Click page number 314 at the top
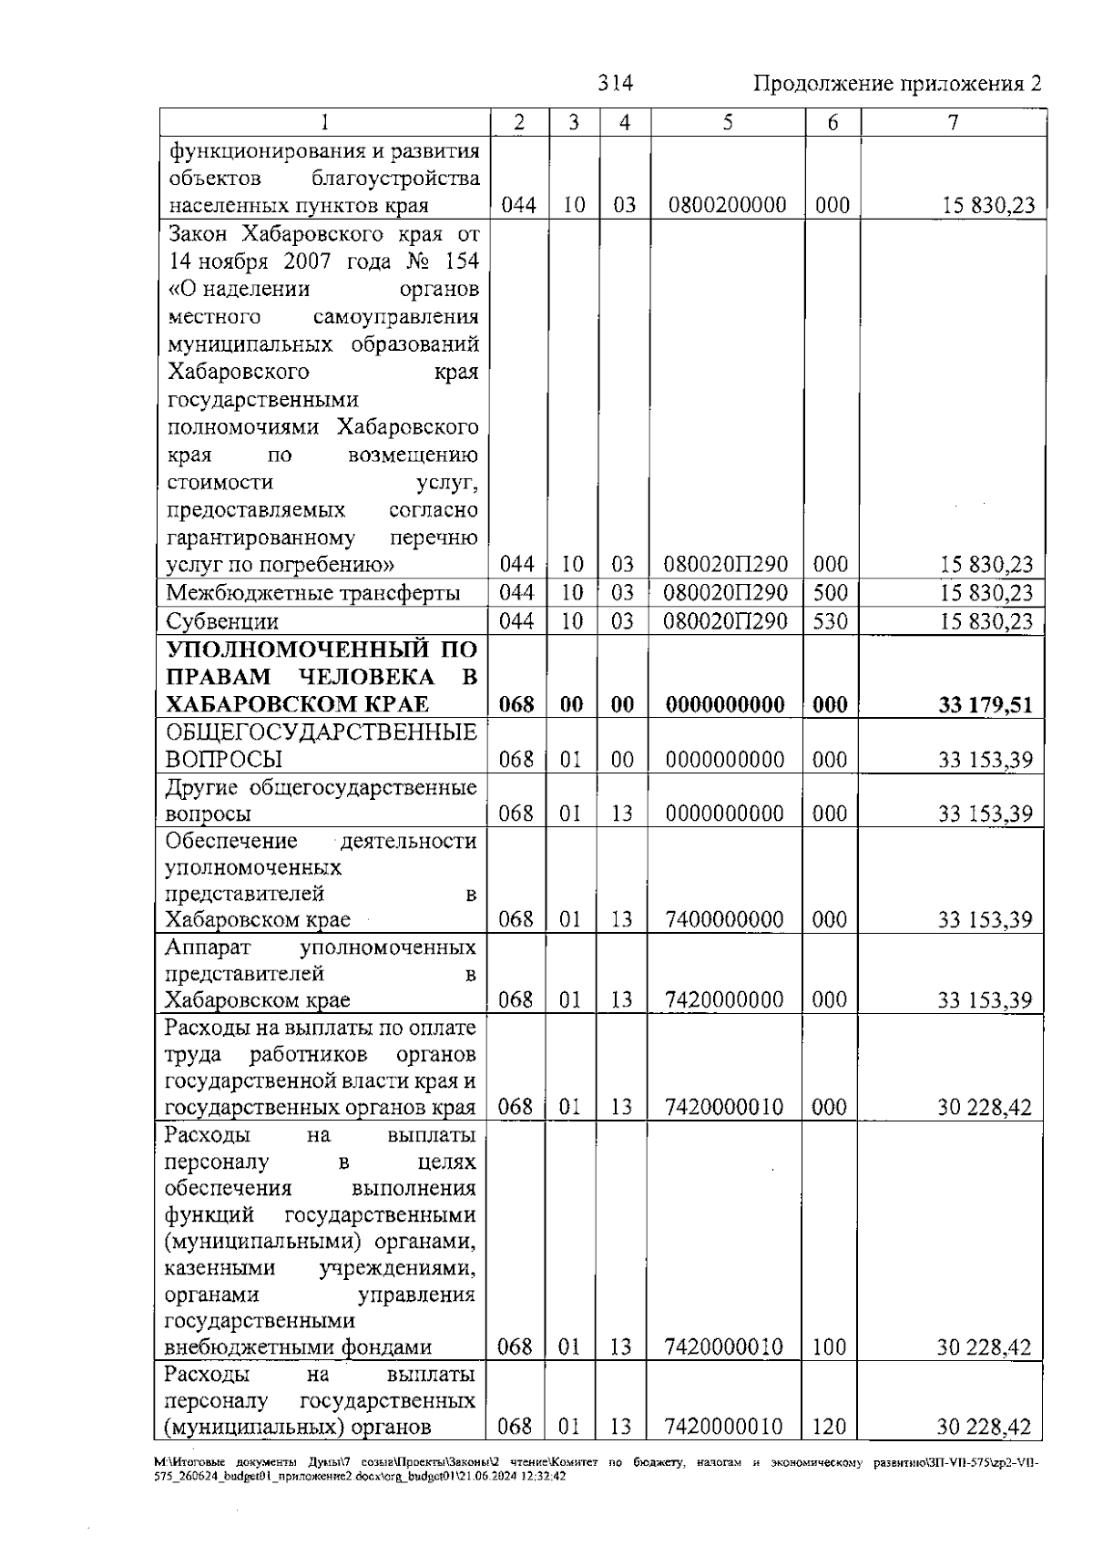point(615,84)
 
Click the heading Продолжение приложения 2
point(896,85)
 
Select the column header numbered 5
point(727,123)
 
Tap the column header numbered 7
point(953,123)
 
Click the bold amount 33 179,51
point(986,705)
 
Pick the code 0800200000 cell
point(727,205)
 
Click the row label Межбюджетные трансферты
point(312,594)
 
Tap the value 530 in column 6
point(830,622)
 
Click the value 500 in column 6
point(830,594)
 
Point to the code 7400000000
point(725,919)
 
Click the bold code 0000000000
point(725,705)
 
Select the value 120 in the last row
point(829,1427)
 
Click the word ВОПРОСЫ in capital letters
point(224,760)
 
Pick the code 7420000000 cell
point(725,1000)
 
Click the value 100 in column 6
point(829,1347)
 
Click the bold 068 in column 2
point(516,705)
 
